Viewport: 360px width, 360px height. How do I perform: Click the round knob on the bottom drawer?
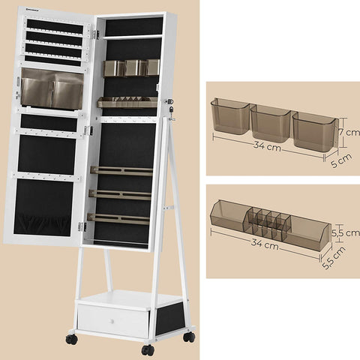[x=112, y=321]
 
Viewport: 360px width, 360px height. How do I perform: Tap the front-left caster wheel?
[x=72, y=339]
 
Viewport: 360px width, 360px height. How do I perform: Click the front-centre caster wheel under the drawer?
[x=148, y=350]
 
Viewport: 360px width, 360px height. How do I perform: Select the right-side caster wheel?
[x=189, y=337]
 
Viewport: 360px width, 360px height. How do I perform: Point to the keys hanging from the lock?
[x=171, y=113]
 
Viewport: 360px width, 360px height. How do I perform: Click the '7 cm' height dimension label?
[x=349, y=132]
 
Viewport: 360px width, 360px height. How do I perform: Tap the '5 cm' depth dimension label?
[x=341, y=160]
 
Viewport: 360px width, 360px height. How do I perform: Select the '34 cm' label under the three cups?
[x=267, y=146]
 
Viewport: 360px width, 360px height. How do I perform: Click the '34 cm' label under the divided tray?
[x=265, y=244]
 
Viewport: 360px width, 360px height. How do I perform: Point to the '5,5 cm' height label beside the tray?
[x=346, y=232]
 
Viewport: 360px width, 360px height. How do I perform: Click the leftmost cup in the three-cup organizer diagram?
[x=229, y=116]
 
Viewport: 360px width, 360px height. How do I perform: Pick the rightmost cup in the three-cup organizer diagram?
[x=315, y=132]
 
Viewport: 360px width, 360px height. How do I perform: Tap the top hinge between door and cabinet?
[x=94, y=34]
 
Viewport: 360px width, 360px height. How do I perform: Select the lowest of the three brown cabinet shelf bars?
[x=118, y=219]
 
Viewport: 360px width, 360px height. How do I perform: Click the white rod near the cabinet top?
[x=132, y=37]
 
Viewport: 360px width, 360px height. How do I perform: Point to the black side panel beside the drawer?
[x=170, y=318]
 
